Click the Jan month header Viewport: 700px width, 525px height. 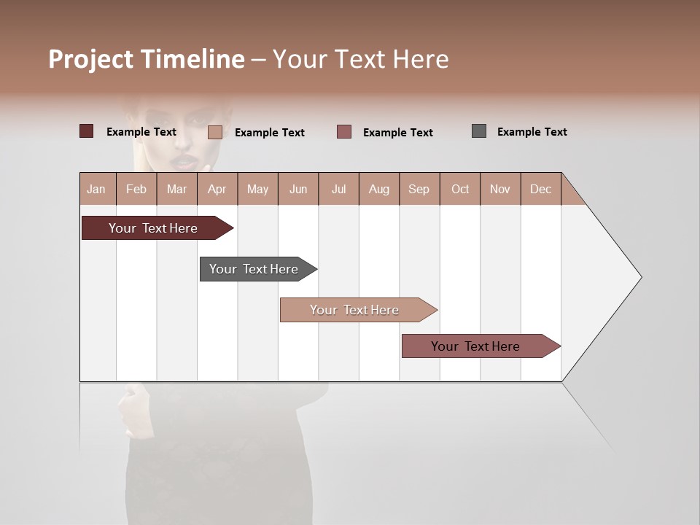[x=96, y=189]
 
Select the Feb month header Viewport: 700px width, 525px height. [x=136, y=189]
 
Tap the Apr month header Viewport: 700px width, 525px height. [x=217, y=189]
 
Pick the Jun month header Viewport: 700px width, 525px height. [x=298, y=189]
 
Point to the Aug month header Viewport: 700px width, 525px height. [x=378, y=189]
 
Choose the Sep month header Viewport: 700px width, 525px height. [x=419, y=189]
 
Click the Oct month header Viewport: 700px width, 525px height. [x=460, y=189]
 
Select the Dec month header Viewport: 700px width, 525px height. [x=540, y=189]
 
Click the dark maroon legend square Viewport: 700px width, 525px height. [x=86, y=131]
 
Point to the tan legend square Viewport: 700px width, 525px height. [x=215, y=132]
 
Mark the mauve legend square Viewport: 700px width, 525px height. [x=344, y=132]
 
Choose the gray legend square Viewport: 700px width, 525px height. [x=479, y=131]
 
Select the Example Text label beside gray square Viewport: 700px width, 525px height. [x=532, y=132]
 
